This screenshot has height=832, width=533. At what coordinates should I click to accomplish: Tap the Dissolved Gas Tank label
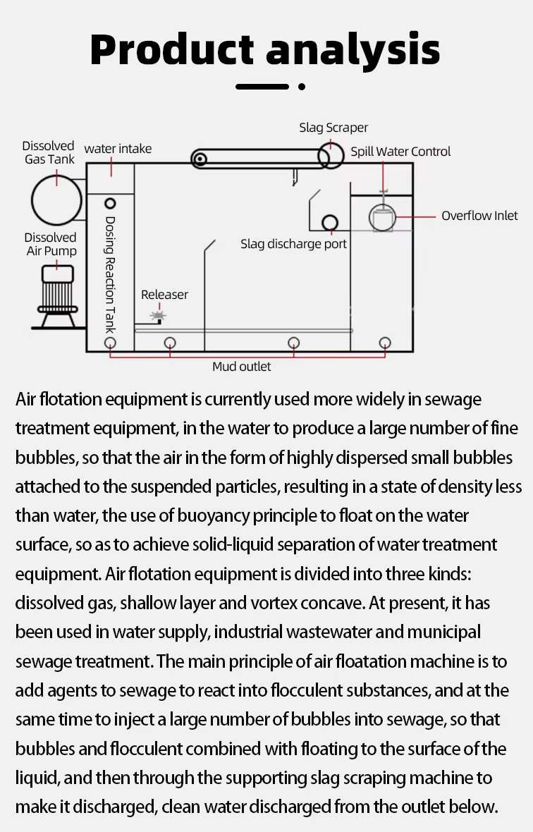point(49,153)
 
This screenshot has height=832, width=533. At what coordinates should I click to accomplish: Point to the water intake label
point(118,149)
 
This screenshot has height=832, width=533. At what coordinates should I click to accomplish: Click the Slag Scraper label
point(333,128)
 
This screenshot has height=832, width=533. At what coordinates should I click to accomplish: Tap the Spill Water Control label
point(400,152)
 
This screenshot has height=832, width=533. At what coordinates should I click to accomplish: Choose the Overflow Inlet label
point(479,216)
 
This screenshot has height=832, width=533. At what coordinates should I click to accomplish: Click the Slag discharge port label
point(294,244)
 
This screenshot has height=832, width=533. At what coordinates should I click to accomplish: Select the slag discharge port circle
point(329,223)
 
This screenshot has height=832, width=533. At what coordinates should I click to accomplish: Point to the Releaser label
point(164,295)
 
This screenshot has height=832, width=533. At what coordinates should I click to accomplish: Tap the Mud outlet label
point(241,367)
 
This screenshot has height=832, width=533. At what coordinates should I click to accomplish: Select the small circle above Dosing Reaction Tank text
point(110,204)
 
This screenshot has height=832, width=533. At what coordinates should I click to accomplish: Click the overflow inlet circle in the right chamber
point(381,218)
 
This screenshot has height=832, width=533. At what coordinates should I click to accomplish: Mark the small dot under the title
point(302,87)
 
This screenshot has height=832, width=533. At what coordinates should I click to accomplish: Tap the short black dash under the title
point(262,87)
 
